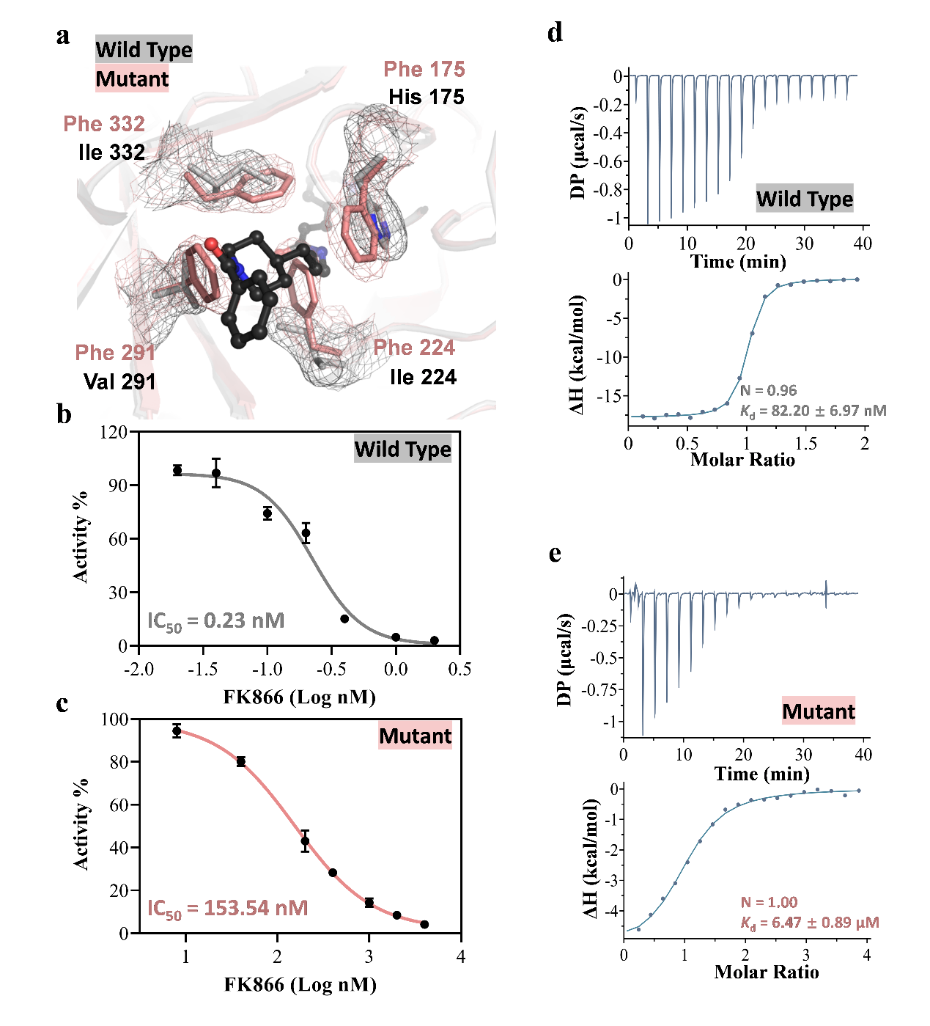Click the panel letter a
(x=63, y=36)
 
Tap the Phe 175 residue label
(x=424, y=70)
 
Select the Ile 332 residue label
(x=111, y=153)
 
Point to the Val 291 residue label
(x=119, y=381)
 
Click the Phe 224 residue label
(x=414, y=348)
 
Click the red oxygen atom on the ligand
(x=211, y=243)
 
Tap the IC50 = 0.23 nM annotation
(x=215, y=621)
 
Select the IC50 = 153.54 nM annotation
(x=227, y=909)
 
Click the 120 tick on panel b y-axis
(x=114, y=432)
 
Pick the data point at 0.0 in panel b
(x=396, y=637)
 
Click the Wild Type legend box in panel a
(x=144, y=49)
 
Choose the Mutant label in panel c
(x=415, y=736)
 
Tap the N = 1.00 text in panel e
(x=769, y=903)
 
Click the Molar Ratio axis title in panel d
(x=742, y=460)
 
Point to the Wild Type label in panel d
(x=805, y=199)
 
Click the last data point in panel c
(x=424, y=925)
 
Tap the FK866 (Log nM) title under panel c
(x=300, y=984)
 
